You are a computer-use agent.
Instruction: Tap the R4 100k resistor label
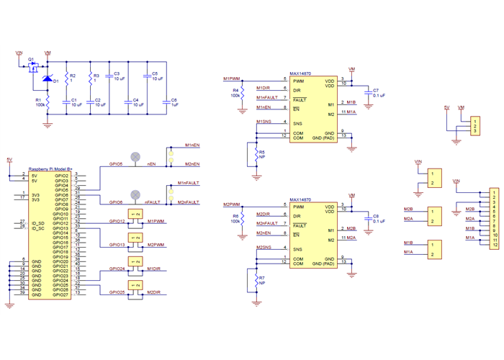coord(235,92)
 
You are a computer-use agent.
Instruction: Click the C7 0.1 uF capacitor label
coord(378,92)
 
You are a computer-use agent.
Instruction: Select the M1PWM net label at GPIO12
coord(156,221)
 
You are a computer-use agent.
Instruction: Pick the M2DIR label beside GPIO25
coord(153,292)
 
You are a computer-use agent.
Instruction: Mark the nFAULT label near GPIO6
coord(152,203)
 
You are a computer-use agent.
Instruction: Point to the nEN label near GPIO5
coord(152,164)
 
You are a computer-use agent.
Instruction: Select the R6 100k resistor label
coord(235,218)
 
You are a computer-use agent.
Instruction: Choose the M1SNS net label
coord(264,122)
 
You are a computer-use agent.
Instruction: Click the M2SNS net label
coord(264,248)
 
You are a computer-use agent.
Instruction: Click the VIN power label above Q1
coord(19,53)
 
